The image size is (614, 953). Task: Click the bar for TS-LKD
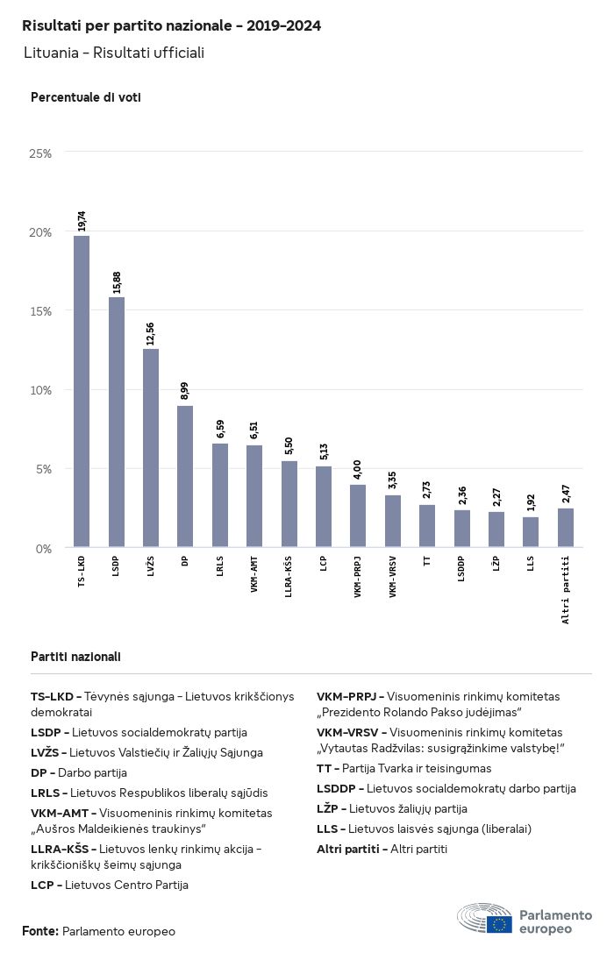(82, 392)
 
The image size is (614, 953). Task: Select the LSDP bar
(117, 423)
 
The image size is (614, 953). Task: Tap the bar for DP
(185, 477)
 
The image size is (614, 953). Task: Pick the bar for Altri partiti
(566, 528)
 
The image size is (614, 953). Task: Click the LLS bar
(531, 532)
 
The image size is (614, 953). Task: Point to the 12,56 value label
(151, 334)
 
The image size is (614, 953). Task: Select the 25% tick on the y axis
(41, 153)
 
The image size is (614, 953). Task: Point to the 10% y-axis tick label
(41, 390)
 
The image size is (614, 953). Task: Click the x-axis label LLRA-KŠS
(289, 578)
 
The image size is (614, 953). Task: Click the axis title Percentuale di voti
(86, 97)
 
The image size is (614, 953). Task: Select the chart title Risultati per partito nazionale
(171, 26)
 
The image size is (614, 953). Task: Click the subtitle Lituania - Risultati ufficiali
(114, 53)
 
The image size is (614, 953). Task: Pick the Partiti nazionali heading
(76, 657)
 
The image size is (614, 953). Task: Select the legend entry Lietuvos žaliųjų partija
(392, 808)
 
